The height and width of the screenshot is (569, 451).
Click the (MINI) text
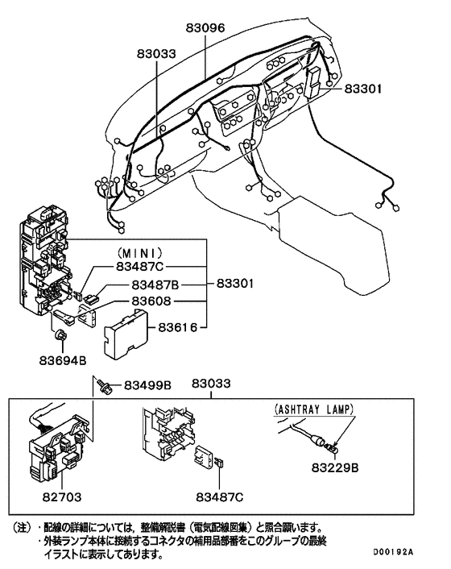141,251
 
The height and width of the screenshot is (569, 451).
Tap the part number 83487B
155,285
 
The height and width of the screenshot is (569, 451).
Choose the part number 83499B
147,386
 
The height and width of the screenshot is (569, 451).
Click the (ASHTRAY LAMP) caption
314,409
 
